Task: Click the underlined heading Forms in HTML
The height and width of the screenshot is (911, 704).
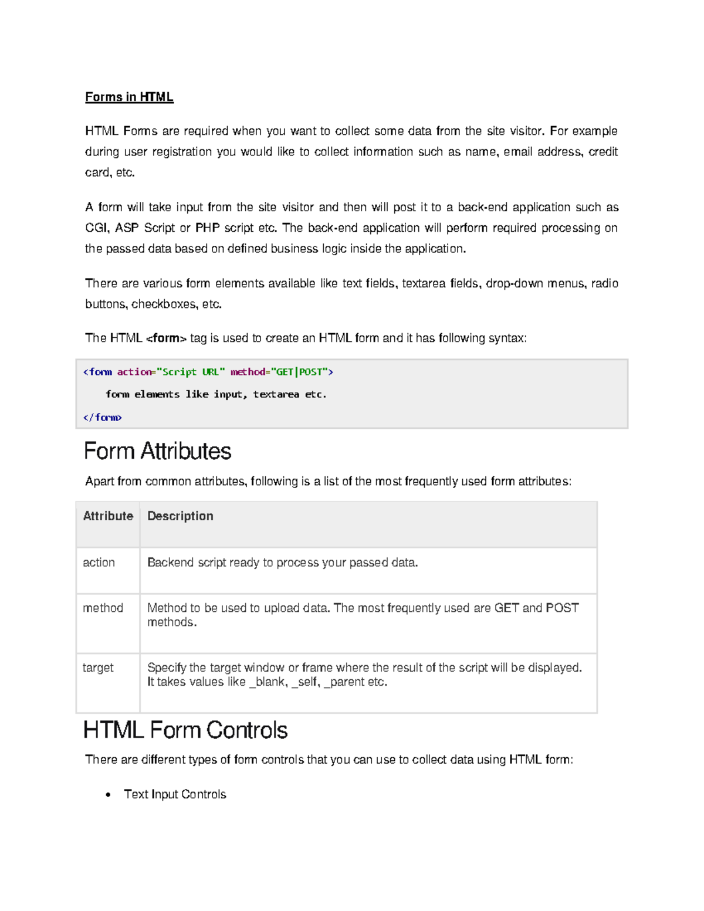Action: [x=129, y=97]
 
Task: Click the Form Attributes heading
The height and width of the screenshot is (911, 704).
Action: [x=157, y=451]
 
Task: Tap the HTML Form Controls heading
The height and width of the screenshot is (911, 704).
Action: [x=185, y=730]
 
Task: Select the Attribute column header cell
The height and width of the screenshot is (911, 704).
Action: [x=108, y=516]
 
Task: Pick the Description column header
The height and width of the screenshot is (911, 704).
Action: [x=180, y=516]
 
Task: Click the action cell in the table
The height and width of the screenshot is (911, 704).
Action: [x=99, y=563]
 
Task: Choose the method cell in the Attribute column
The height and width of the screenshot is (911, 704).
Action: [x=103, y=608]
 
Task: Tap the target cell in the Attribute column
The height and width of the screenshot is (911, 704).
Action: [x=98, y=668]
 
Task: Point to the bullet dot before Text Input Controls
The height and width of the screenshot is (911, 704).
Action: [x=108, y=795]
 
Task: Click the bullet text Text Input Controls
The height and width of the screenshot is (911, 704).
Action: [x=175, y=794]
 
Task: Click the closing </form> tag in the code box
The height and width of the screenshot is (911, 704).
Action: [x=102, y=418]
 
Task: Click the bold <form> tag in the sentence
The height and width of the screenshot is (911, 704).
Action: [x=166, y=338]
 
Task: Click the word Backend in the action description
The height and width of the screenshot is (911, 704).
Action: [x=170, y=563]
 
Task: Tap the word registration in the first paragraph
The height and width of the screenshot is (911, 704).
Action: [x=182, y=152]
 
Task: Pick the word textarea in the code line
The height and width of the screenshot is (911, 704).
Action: [x=276, y=395]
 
